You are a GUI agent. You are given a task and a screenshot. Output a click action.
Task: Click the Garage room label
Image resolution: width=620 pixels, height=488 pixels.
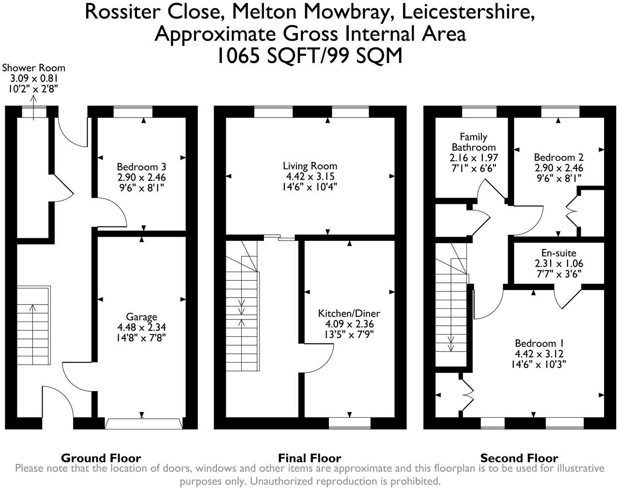tap(141, 317)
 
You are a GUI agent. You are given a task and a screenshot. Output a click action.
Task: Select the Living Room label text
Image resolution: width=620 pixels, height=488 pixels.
tap(310, 167)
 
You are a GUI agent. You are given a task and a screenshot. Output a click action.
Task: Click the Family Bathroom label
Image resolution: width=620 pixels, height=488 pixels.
tap(473, 142)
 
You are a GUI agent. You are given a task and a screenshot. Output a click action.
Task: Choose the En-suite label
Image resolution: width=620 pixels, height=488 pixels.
tap(558, 253)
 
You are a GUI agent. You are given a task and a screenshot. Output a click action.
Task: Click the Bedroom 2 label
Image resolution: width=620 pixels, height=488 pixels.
tap(558, 157)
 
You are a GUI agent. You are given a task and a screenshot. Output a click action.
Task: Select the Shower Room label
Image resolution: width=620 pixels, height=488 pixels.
tap(33, 68)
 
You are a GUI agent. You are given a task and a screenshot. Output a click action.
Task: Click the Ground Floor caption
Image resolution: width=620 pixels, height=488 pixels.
tap(101, 457)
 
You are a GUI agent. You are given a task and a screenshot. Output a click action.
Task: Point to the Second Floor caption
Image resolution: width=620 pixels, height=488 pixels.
tap(519, 457)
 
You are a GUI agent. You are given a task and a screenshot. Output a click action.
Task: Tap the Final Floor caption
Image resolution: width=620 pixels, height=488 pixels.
tap(310, 457)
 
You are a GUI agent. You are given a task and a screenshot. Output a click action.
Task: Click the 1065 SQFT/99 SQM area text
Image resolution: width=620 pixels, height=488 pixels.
tap(310, 56)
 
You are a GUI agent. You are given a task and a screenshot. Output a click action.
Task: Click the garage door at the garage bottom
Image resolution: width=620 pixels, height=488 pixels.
tap(143, 424)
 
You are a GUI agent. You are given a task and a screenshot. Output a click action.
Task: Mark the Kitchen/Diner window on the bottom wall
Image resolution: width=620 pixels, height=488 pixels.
tap(349, 423)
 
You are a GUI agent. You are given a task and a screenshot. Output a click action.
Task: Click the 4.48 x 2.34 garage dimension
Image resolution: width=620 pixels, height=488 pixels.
tap(141, 327)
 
